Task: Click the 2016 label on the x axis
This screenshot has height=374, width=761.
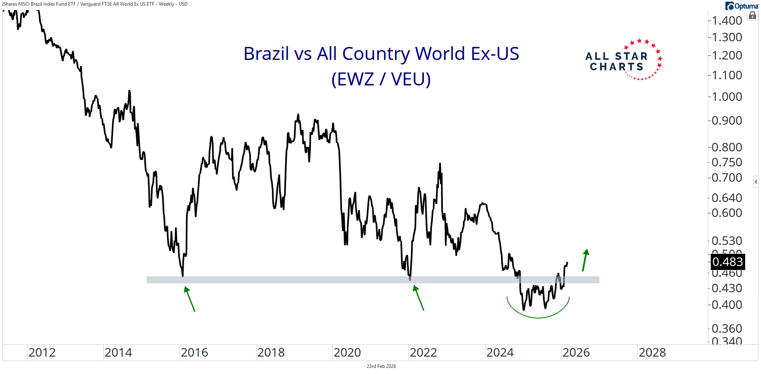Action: click(194, 353)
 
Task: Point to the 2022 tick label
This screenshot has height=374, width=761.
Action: click(423, 353)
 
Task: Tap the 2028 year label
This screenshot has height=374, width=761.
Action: click(652, 353)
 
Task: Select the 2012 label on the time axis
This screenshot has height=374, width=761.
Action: click(42, 353)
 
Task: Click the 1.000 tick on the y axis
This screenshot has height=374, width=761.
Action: click(727, 97)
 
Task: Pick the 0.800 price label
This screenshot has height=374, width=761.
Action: click(727, 147)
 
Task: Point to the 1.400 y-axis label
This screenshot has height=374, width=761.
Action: click(727, 21)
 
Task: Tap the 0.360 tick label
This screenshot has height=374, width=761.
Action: click(727, 329)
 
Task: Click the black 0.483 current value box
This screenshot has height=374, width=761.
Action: click(728, 262)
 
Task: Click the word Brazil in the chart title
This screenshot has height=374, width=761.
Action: click(266, 54)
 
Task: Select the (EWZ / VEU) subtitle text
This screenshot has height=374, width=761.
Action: click(381, 79)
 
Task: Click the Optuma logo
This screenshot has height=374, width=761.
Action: click(742, 6)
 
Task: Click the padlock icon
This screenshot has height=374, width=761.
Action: click(752, 16)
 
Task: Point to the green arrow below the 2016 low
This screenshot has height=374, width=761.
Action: click(190, 299)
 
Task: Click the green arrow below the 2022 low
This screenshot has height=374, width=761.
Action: click(419, 297)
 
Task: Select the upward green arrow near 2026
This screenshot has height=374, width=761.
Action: click(585, 260)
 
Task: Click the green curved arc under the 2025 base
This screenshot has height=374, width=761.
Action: click(538, 317)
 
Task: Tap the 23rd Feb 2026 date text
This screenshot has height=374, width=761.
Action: click(381, 366)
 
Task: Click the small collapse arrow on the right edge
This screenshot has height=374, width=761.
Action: click(756, 182)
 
